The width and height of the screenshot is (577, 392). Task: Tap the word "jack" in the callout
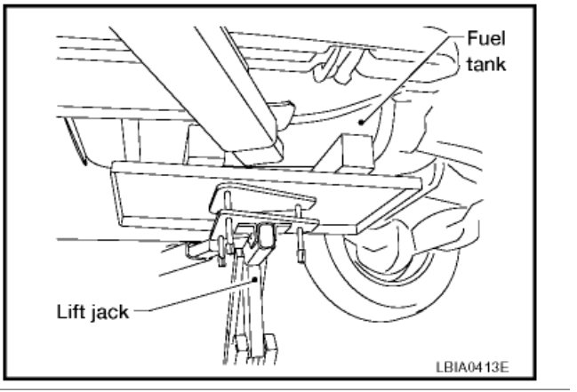tap(111, 313)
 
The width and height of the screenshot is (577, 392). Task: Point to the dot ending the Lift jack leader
tap(256, 278)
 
